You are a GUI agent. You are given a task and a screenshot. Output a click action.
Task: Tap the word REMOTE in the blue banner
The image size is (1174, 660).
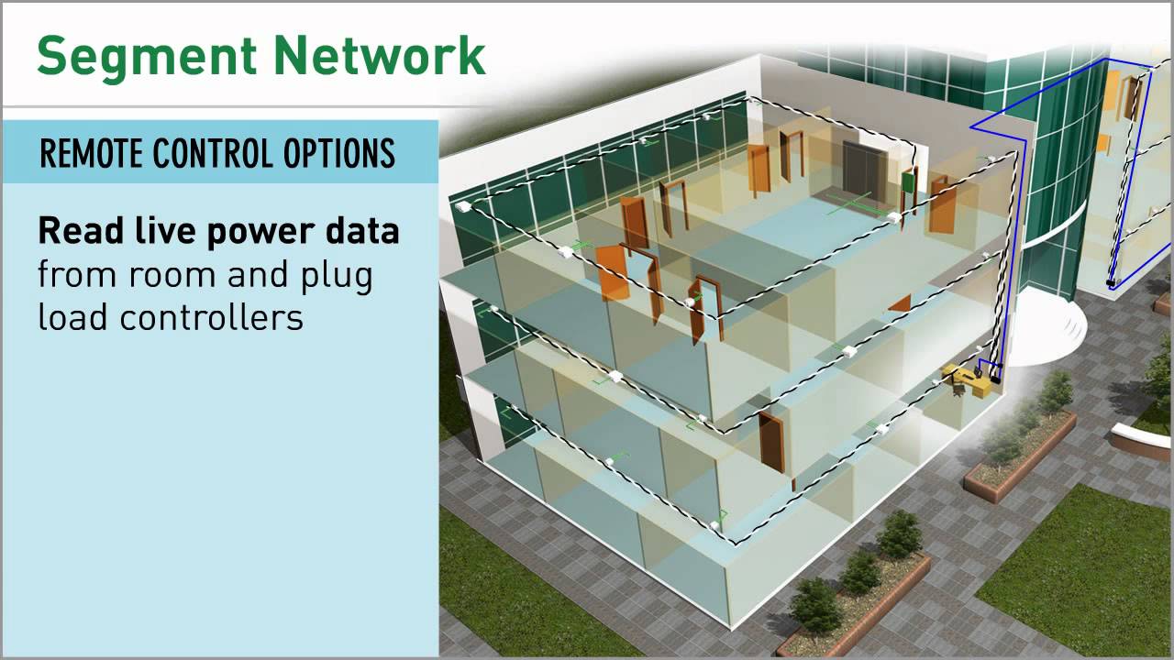click(x=92, y=153)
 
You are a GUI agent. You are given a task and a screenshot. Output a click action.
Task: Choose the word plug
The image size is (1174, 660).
click(x=339, y=276)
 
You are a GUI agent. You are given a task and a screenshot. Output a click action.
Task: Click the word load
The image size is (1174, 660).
click(x=72, y=317)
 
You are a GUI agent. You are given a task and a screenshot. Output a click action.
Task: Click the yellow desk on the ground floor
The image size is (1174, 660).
click(x=966, y=379)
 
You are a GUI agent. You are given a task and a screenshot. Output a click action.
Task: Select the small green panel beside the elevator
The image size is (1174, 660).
click(x=908, y=181)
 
